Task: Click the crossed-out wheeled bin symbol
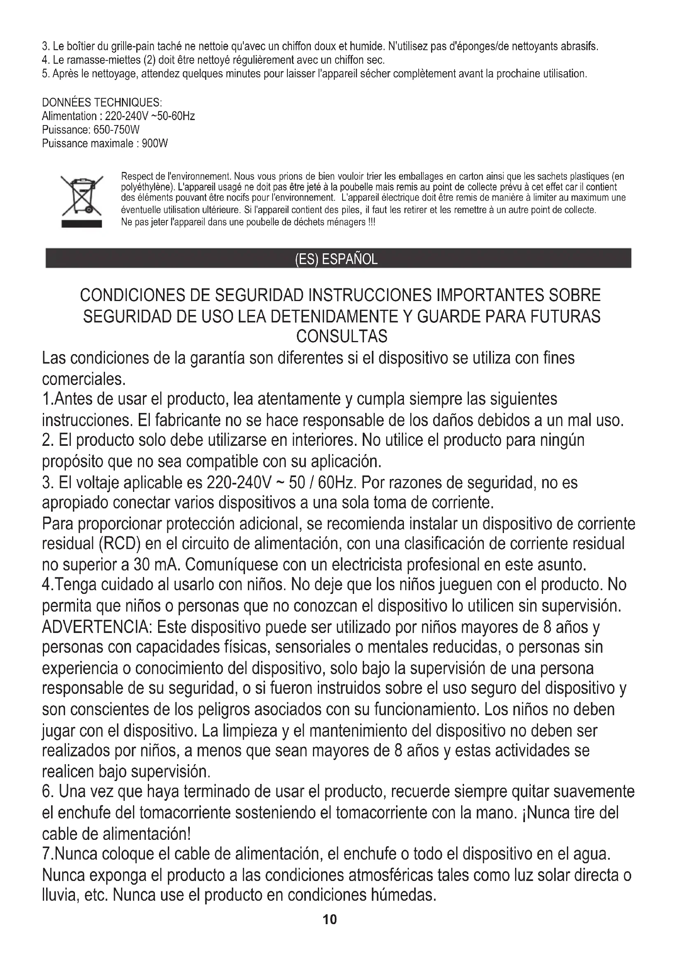(82, 195)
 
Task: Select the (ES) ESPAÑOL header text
(336, 260)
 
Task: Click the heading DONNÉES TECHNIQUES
(102, 103)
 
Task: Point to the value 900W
(155, 144)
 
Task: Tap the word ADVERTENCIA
(97, 628)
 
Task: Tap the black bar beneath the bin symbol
(82, 224)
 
